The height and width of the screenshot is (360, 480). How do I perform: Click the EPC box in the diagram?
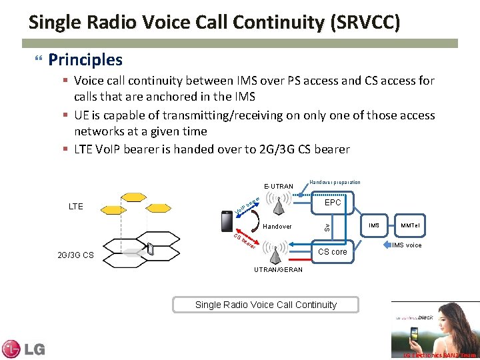point(332,203)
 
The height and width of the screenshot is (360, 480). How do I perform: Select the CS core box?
point(332,251)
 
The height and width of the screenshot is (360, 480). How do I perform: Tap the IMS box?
point(374,226)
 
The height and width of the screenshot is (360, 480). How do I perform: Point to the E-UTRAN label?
point(278,186)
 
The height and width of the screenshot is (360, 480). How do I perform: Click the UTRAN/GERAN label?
point(278,269)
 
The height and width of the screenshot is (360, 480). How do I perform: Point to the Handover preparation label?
point(335,182)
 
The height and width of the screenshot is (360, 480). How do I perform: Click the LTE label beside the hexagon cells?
point(76,207)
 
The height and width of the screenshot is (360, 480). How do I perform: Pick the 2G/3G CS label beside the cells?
point(75,255)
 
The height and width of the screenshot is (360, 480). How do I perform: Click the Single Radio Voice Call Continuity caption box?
point(265,305)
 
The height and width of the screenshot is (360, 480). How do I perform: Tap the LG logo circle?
point(11,349)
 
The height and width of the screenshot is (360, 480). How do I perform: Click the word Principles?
point(85,60)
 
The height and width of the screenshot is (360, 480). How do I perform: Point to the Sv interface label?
point(326,227)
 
